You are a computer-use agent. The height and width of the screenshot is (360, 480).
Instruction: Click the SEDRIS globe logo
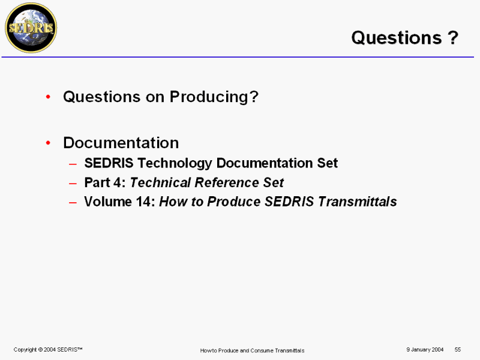[31, 28]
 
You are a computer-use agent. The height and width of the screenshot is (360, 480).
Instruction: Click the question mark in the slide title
[453, 38]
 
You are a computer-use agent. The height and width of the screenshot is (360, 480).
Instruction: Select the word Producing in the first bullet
[214, 97]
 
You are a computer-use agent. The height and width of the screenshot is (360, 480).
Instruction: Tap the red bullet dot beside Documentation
[48, 143]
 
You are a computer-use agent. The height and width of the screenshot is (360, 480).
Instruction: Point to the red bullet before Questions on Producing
[48, 97]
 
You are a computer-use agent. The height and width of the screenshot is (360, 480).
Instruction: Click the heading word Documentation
[121, 143]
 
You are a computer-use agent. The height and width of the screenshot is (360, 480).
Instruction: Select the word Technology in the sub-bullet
[175, 163]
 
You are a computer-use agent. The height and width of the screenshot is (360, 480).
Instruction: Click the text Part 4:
[105, 182]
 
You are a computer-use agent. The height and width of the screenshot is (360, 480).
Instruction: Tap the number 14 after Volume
[143, 202]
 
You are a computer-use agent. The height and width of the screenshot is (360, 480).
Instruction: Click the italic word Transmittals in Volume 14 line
[357, 202]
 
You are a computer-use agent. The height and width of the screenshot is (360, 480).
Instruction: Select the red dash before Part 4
[73, 184]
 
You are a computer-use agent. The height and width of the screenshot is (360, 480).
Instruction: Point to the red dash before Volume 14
[73, 203]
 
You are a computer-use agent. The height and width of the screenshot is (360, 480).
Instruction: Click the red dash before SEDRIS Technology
[73, 164]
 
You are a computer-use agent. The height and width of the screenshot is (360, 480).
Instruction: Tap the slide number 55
[458, 350]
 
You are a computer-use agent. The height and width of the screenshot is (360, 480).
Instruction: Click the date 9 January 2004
[425, 350]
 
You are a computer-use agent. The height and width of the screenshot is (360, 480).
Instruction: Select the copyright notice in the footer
[48, 350]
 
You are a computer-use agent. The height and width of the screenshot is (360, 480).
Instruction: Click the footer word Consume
[262, 350]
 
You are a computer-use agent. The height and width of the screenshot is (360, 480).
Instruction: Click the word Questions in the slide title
[397, 38]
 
